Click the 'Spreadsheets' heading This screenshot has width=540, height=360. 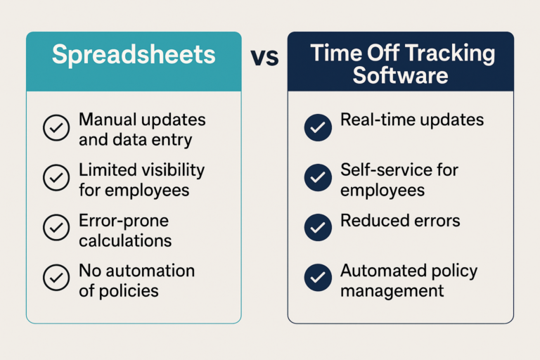134,55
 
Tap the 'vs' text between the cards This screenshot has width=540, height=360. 264,57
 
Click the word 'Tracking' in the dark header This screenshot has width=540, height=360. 450,54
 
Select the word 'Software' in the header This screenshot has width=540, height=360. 400,75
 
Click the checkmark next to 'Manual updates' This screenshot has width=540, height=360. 56,127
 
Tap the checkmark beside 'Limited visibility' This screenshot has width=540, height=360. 56,178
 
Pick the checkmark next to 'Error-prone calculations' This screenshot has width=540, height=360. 56,227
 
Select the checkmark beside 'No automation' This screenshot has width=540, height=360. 56,278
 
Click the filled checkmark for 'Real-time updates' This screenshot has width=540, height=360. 318,127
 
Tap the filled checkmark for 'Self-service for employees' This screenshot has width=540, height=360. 318,178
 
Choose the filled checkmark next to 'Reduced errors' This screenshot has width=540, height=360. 318,227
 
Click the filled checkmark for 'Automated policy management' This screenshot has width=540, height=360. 318,278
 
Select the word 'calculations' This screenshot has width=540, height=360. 125,240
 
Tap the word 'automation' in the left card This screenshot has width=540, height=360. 150,271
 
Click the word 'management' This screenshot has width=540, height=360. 392,291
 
